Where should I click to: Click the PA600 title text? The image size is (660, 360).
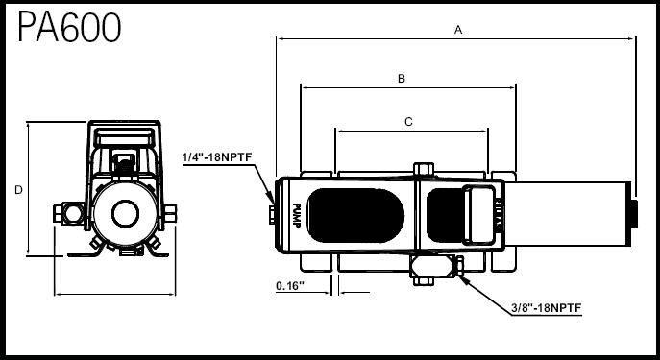click(x=69, y=27)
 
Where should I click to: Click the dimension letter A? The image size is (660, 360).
click(x=458, y=30)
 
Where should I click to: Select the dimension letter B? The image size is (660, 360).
click(x=402, y=79)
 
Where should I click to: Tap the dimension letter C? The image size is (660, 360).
click(x=408, y=122)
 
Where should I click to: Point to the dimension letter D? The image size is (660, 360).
click(x=18, y=190)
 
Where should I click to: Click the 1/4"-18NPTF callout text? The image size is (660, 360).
click(x=217, y=157)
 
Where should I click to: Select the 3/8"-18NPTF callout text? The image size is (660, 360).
click(x=547, y=308)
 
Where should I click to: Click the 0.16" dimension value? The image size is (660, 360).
click(x=290, y=286)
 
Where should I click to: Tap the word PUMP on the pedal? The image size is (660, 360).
click(x=296, y=215)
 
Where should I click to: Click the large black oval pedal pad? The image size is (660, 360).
click(x=355, y=215)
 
